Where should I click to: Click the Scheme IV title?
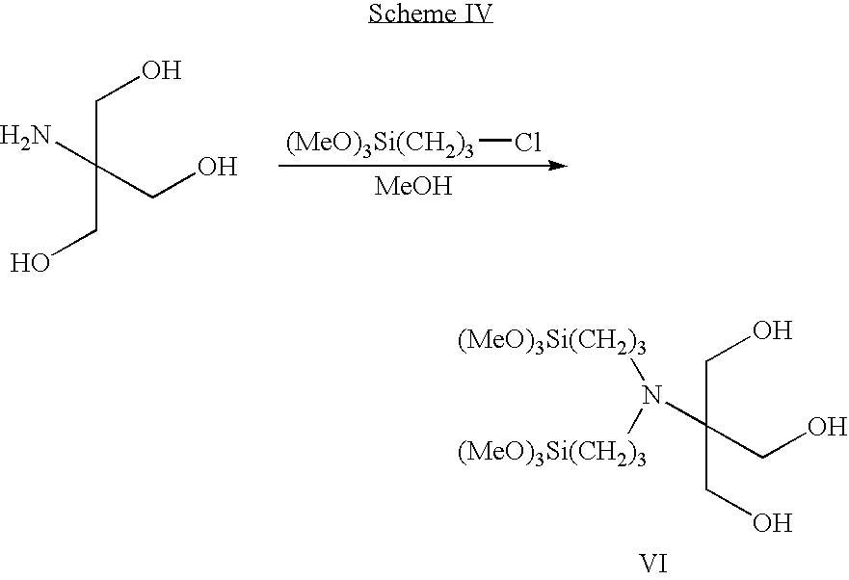431,13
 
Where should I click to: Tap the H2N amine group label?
25,136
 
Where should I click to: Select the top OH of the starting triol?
161,70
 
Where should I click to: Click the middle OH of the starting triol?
218,167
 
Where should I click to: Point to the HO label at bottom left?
30,263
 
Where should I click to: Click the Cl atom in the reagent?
528,143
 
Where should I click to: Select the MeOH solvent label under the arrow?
413,186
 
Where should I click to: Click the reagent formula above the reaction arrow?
413,145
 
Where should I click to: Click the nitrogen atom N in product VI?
651,395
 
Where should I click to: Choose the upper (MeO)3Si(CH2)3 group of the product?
552,342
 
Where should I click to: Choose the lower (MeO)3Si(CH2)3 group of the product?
552,453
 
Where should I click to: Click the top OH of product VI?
773,330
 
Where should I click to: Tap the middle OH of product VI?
828,427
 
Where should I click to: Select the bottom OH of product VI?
773,523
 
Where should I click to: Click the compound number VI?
654,565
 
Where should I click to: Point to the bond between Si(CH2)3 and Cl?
495,142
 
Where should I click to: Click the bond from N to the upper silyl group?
638,369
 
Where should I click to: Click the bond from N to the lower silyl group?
636,421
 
